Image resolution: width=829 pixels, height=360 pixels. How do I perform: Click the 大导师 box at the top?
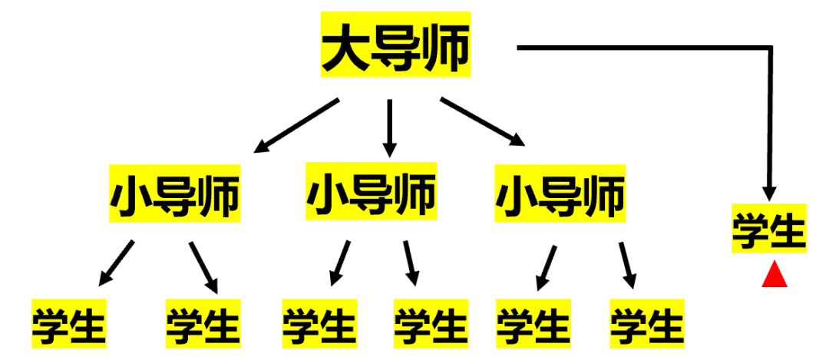pos(395,45)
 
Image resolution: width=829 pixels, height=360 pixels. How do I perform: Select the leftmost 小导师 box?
pos(175,193)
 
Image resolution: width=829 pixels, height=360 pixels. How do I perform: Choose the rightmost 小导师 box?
pos(560,193)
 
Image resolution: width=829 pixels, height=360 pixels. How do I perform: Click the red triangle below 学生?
pos(774,275)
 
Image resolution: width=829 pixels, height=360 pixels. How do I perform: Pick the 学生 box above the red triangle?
pos(768,229)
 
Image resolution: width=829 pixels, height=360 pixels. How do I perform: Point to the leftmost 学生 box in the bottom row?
pos(68,323)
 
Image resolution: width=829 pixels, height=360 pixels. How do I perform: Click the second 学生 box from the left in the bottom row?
pos(203,323)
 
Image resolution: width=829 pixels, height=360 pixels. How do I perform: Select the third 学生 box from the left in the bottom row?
pos(319,323)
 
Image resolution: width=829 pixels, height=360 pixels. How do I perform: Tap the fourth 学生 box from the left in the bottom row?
pos(430,323)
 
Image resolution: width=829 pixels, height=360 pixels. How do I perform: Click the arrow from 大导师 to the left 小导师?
pos(296,124)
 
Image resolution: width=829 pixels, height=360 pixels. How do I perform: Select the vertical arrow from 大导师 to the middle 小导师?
pos(390,127)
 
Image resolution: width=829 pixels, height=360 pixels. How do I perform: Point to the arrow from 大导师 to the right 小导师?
pos(483,121)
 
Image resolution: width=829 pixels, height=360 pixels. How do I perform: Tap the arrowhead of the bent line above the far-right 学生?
pos(768,192)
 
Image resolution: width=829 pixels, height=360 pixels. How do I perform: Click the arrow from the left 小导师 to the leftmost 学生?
pos(117,263)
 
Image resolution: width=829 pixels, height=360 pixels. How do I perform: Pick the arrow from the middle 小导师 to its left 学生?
pos(339,263)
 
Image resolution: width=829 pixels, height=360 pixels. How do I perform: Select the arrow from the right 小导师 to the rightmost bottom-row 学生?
pos(628,265)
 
